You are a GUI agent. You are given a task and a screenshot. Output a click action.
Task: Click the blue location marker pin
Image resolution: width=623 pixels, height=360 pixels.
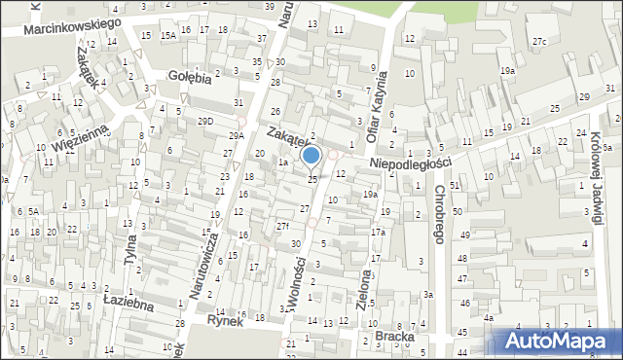pos(311,155)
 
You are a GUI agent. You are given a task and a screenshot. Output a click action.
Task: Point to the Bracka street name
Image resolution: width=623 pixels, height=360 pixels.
pos(394,337)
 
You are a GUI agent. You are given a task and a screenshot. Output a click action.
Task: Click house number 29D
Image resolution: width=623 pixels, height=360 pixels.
pos(205,121)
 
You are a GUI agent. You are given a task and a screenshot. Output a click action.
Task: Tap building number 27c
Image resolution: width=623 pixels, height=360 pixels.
pos(539,40)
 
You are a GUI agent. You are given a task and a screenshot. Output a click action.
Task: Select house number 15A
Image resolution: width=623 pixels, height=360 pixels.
pos(168,35)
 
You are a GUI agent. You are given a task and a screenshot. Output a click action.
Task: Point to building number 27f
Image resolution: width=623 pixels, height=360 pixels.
pos(282,226)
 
